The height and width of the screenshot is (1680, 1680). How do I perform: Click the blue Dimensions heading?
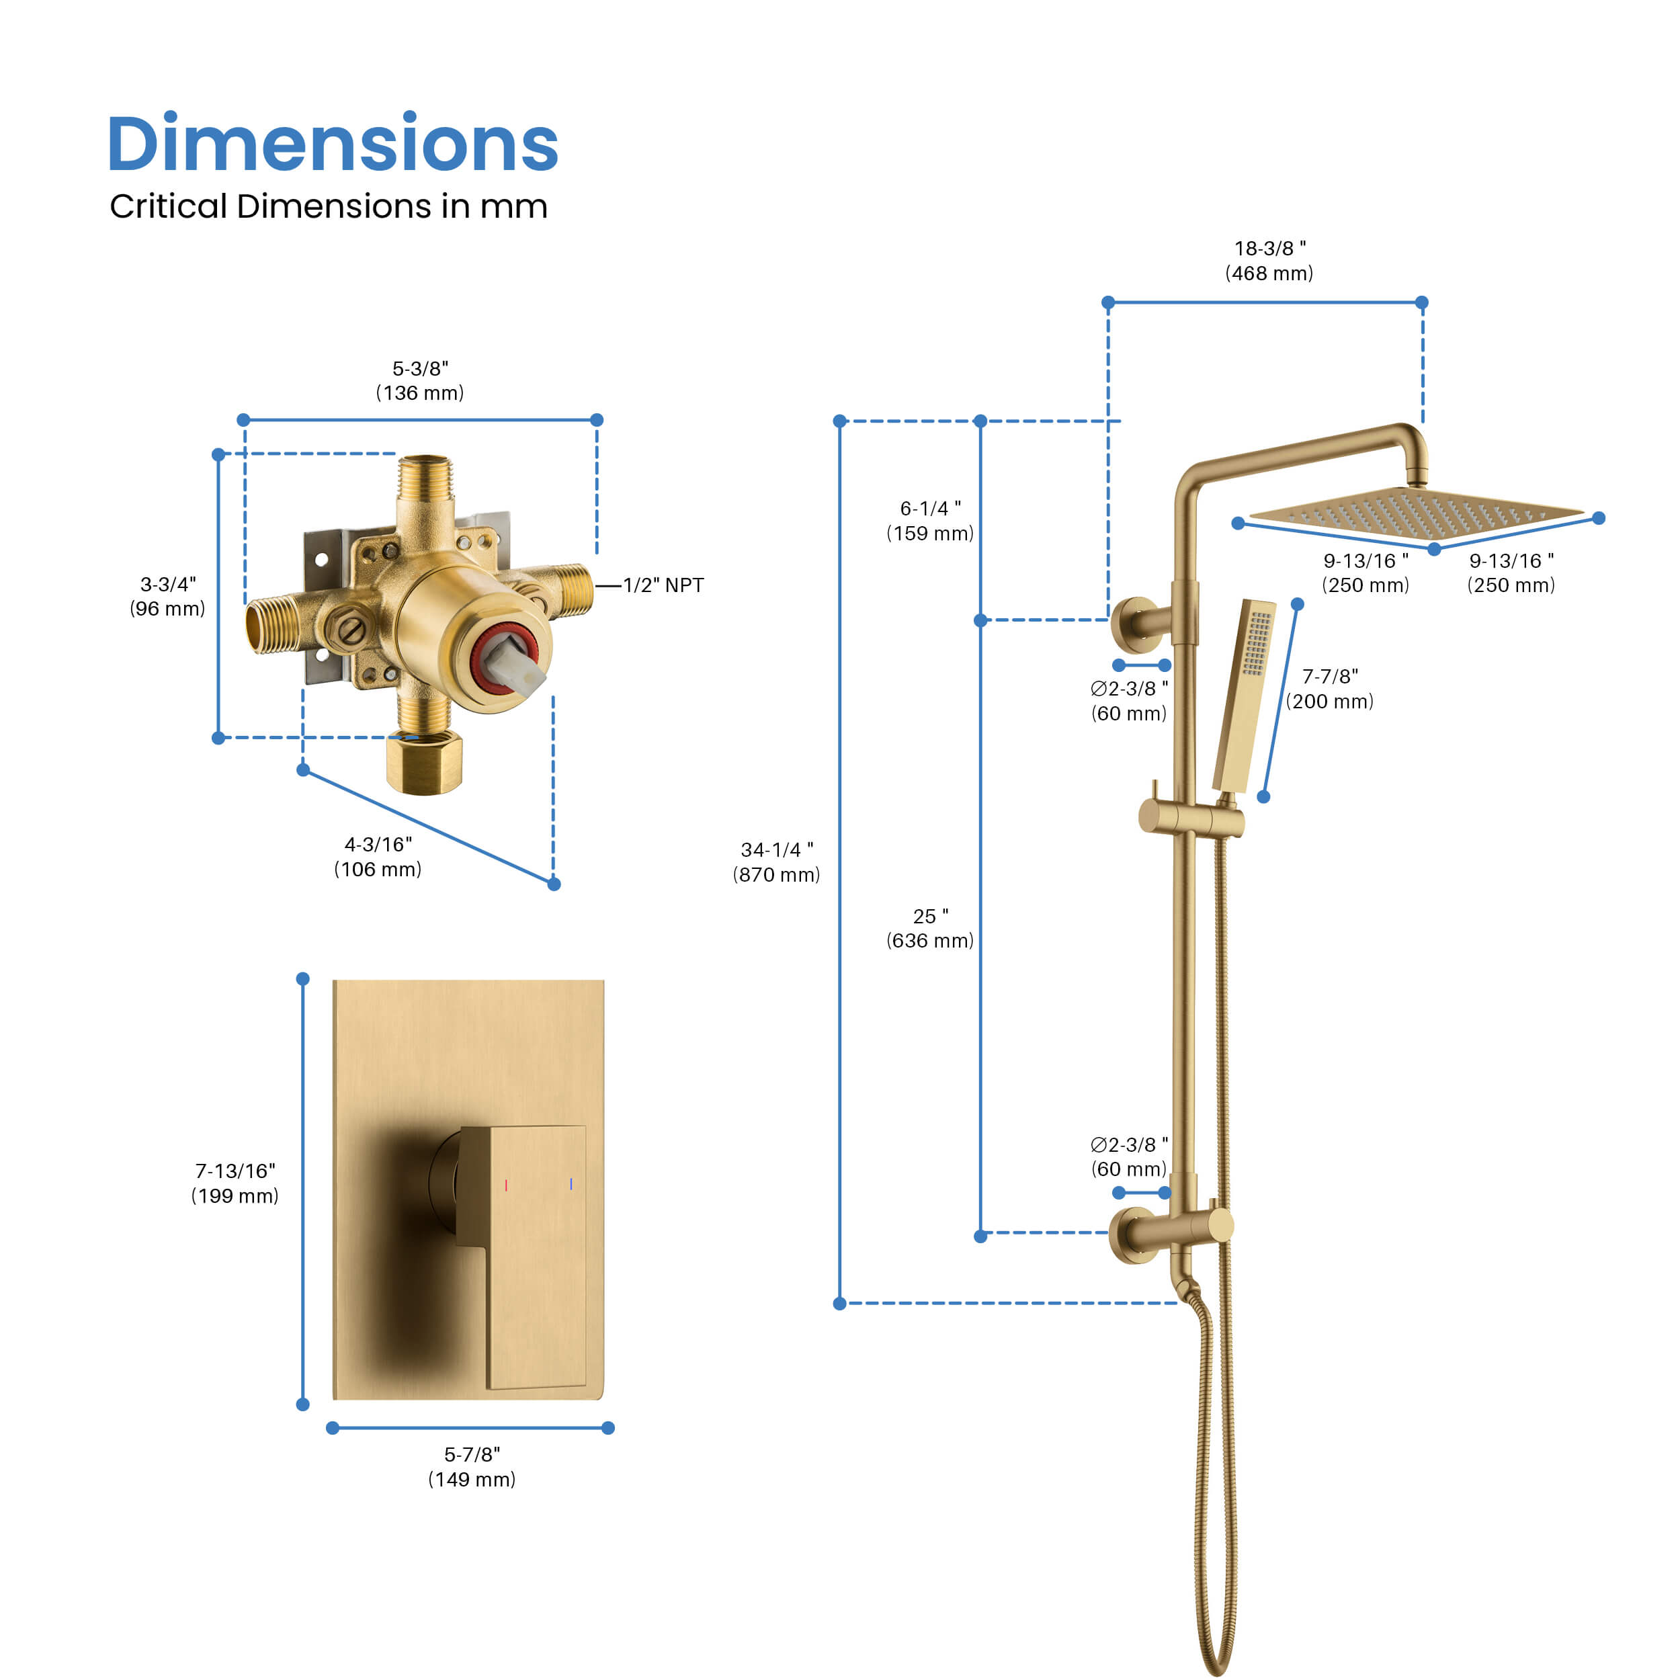332,144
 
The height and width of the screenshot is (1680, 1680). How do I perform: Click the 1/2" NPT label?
663,585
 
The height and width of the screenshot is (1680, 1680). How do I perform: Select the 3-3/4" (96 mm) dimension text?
168,597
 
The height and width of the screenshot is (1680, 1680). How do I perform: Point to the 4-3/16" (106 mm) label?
378,857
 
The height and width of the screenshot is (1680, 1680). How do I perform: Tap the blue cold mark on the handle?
571,1183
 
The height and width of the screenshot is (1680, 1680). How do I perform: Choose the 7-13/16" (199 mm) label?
235,1183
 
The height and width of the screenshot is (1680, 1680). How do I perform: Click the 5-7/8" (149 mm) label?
472,1467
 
